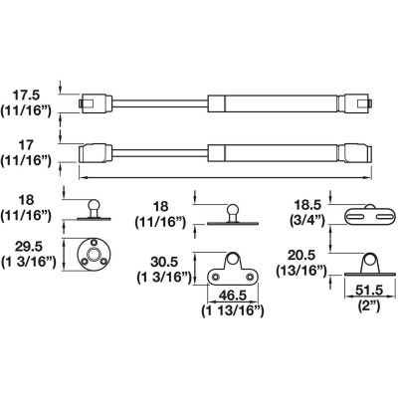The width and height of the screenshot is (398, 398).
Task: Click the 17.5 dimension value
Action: [26, 96]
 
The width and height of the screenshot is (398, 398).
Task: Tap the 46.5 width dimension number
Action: [232, 296]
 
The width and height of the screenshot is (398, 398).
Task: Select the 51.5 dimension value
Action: [369, 291]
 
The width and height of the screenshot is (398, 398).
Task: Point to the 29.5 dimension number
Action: [28, 247]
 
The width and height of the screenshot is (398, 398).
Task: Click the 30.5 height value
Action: [164, 262]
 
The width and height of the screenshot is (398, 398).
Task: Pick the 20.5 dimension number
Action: [301, 256]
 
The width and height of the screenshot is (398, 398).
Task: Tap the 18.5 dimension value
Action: [307, 205]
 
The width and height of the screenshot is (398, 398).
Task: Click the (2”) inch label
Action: [369, 305]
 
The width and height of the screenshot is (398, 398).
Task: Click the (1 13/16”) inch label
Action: [233, 310]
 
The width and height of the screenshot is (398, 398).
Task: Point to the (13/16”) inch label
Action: [301, 271]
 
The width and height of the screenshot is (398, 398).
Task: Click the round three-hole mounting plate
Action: [95, 255]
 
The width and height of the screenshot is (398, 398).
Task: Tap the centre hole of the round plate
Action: [95, 255]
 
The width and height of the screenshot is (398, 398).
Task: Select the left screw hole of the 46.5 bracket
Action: [215, 277]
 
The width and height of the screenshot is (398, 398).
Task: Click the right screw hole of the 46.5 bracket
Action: [250, 277]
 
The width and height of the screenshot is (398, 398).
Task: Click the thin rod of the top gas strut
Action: [160, 102]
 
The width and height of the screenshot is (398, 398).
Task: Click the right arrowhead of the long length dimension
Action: [369, 178]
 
